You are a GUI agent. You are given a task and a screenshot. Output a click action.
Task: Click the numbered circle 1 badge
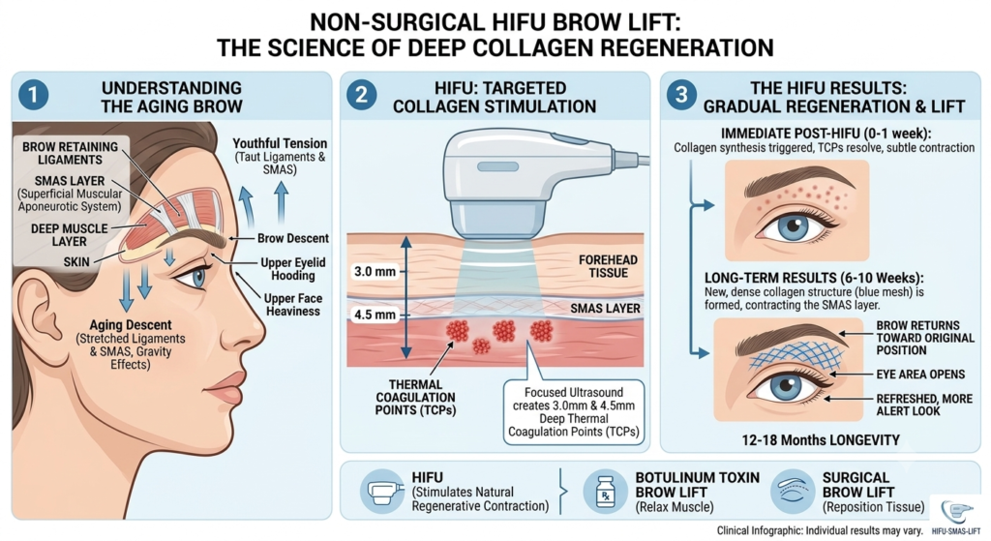click(33, 96)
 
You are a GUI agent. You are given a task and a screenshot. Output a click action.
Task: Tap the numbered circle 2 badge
click(362, 96)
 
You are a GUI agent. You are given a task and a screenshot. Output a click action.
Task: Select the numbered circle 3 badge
click(681, 96)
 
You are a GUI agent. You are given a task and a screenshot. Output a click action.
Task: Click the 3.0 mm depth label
click(375, 272)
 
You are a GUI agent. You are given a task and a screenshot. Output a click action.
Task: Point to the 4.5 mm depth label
click(375, 315)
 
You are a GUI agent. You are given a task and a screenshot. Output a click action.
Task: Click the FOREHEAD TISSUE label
click(608, 266)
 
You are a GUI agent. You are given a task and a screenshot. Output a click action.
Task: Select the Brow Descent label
click(292, 238)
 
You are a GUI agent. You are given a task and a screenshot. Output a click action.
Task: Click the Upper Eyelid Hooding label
click(292, 269)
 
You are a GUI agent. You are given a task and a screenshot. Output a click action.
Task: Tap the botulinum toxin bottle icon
click(606, 491)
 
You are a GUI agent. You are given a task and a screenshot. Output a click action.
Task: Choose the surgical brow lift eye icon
click(793, 491)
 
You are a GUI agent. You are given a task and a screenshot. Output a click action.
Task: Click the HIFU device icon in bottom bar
click(381, 491)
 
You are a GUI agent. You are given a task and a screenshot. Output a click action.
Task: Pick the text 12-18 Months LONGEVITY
click(821, 440)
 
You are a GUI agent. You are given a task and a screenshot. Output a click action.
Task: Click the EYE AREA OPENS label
click(920, 375)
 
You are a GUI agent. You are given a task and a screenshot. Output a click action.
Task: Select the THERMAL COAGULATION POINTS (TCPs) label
click(415, 398)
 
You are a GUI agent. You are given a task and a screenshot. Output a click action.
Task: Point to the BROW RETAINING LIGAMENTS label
click(70, 153)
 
